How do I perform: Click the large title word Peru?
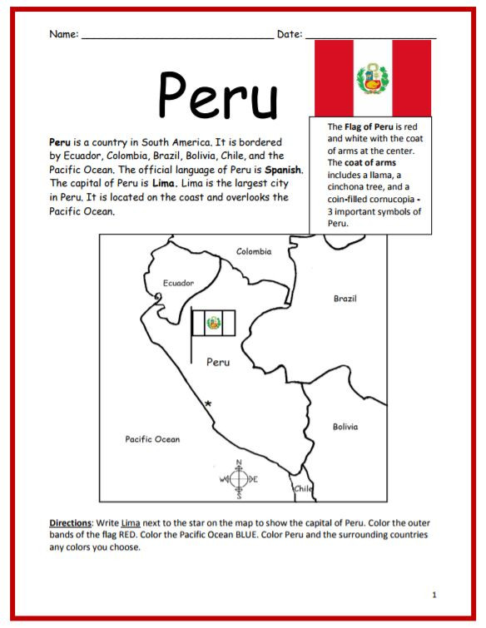click(218, 94)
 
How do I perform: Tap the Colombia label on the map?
click(254, 251)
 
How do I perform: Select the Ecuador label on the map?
click(178, 284)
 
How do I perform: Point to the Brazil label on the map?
click(345, 298)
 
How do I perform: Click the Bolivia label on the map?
click(345, 427)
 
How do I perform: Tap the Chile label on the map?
click(304, 489)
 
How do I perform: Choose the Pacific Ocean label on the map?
click(152, 439)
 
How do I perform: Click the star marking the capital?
click(208, 403)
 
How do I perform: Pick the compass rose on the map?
click(239, 479)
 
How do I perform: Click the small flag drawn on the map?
click(214, 323)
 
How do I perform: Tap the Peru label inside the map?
click(217, 362)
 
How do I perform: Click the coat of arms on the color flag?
click(372, 78)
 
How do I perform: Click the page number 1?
click(434, 595)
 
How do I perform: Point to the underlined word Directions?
click(70, 522)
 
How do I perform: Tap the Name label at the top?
click(63, 34)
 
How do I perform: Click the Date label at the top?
click(289, 34)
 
